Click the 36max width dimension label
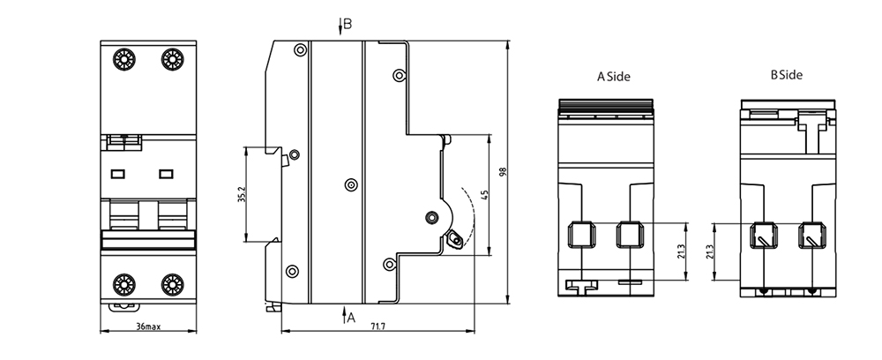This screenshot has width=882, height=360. click(x=148, y=326)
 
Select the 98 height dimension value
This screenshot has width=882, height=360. click(x=503, y=172)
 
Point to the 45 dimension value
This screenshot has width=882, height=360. click(x=485, y=195)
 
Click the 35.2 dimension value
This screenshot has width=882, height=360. click(x=242, y=195)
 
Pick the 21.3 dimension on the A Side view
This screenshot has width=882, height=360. click(x=681, y=251)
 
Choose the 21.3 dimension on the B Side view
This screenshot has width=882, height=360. click(x=710, y=251)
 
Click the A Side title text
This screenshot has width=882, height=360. click(x=614, y=77)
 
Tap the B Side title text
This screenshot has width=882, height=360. click(x=787, y=74)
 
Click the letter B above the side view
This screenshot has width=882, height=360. click(x=348, y=24)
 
